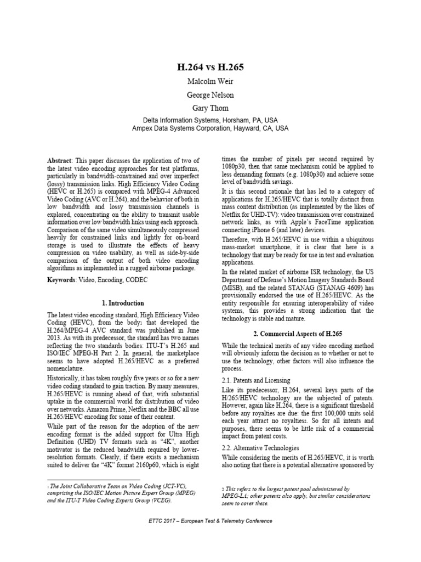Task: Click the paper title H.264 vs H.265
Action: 210,68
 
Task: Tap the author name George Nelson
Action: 210,94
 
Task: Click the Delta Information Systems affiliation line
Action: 210,119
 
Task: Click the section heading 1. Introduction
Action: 123,303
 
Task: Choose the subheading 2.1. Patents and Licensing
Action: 252,380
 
